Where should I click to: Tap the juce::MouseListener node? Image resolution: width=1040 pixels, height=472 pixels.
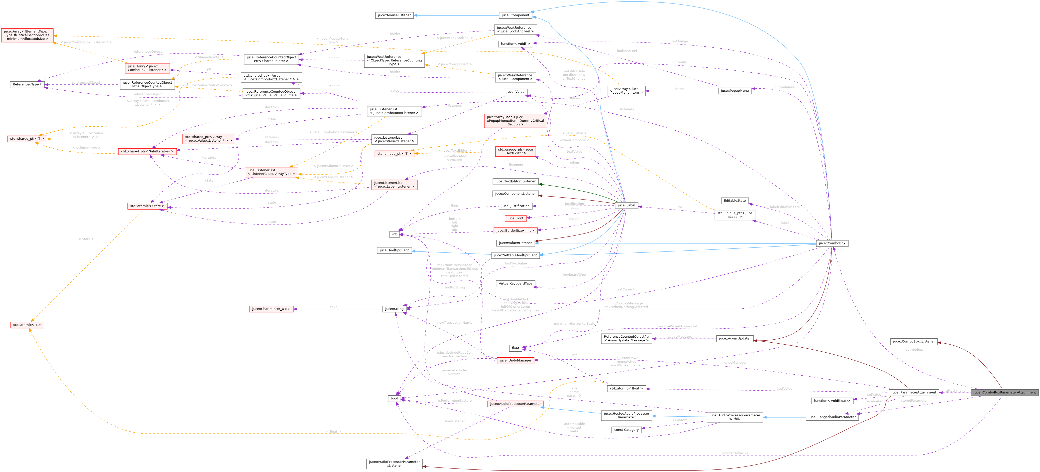(394, 15)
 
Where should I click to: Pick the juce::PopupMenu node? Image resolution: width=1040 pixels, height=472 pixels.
(735, 91)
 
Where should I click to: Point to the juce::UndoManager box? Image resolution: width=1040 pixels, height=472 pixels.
(515, 360)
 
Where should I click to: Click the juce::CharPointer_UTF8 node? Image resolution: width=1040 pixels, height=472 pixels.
(271, 309)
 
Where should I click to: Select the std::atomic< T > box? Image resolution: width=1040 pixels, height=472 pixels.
(27, 325)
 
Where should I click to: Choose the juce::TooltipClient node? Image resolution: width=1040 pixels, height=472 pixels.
(394, 250)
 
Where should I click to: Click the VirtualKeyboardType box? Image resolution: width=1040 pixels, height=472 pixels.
(515, 284)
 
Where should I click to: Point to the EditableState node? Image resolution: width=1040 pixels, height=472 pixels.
(734, 201)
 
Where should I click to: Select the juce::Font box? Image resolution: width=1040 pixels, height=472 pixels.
(515, 218)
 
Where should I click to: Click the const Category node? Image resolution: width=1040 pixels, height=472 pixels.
(626, 430)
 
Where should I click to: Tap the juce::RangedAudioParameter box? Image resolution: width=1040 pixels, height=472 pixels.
(832, 417)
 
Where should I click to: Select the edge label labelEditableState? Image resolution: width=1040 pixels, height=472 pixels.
(784, 207)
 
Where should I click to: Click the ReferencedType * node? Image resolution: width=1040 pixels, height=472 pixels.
(27, 84)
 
